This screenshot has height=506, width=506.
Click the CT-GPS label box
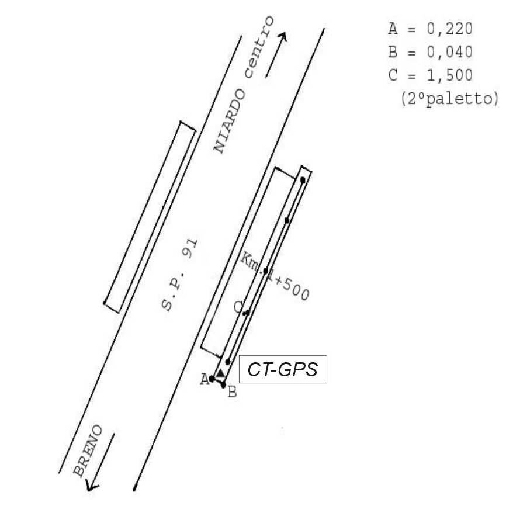pyautogui.click(x=283, y=369)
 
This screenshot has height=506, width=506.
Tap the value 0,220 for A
pyautogui.click(x=450, y=29)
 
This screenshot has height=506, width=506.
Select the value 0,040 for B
pyautogui.click(x=450, y=52)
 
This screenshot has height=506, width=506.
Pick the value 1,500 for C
pyautogui.click(x=450, y=75)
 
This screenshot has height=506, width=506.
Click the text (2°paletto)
pyautogui.click(x=450, y=98)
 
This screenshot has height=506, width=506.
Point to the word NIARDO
pyautogui.click(x=230, y=122)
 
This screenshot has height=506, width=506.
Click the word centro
pyautogui.click(x=259, y=47)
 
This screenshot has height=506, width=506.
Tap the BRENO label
pyautogui.click(x=88, y=450)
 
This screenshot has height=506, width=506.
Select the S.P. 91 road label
pyautogui.click(x=179, y=275)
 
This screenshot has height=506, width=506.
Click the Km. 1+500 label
pyautogui.click(x=275, y=276)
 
